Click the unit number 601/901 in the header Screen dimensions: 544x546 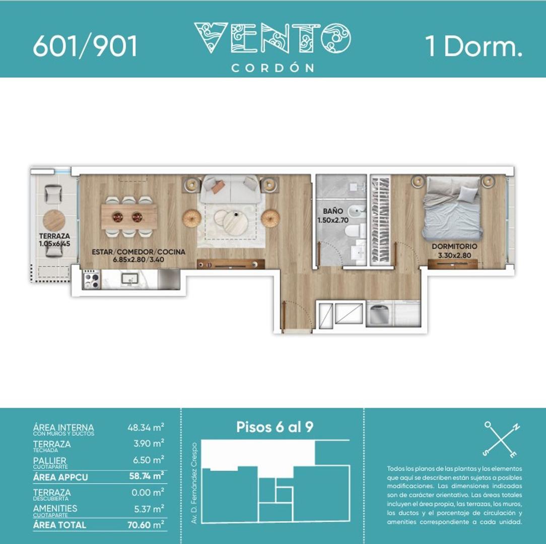85,46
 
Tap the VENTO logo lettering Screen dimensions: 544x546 272,38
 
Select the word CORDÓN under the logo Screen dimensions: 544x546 272,68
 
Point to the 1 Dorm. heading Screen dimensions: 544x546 473,46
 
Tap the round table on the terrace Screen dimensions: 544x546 54,220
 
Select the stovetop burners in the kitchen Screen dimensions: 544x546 92,279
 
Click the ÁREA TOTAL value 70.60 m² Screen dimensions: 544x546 146,524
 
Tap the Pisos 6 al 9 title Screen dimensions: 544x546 275,427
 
